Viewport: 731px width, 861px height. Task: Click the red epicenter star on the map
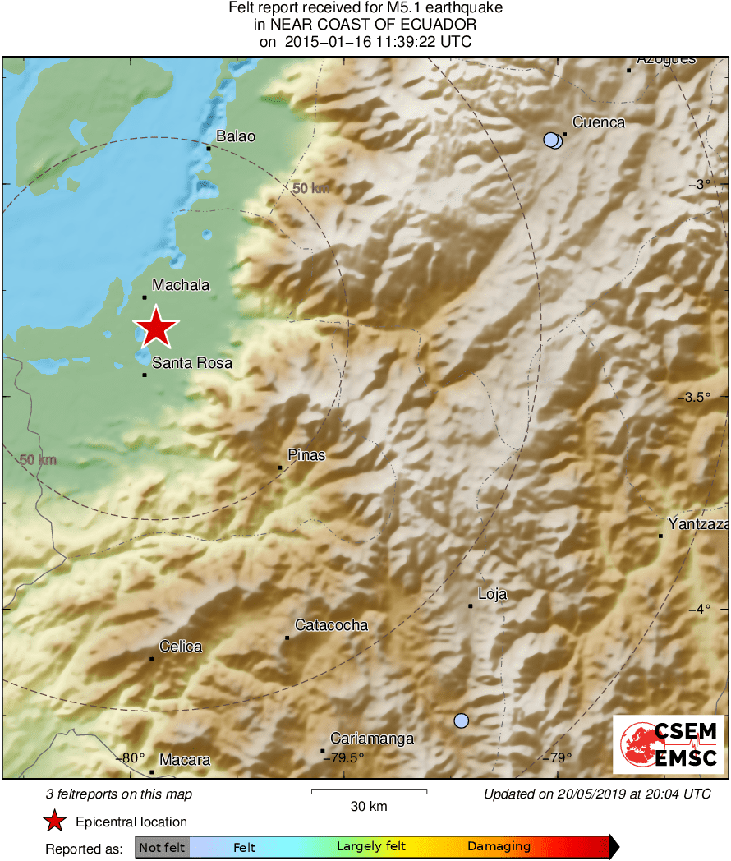point(155,327)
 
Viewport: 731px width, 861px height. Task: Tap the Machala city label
point(181,285)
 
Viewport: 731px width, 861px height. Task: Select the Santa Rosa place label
point(192,363)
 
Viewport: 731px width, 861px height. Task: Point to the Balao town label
point(236,136)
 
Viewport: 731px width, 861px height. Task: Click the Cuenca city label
point(598,122)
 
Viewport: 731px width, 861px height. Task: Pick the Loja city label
point(492,594)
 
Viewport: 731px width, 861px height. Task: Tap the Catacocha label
point(331,625)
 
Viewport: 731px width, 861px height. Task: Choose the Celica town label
point(181,647)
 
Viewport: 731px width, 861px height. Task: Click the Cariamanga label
point(371,739)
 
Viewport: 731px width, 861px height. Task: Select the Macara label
point(185,760)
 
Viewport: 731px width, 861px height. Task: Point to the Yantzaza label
point(697,524)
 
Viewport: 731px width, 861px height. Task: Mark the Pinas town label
point(306,455)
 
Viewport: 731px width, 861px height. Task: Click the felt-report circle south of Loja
point(462,721)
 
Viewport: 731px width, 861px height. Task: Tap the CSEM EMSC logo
point(668,744)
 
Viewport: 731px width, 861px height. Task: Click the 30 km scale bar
point(369,791)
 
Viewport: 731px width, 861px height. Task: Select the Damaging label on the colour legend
point(499,846)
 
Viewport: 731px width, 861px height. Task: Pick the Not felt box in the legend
point(162,847)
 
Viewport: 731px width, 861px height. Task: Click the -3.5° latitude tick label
point(702,398)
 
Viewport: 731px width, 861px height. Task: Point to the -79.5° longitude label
point(343,757)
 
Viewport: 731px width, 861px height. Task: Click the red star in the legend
point(55,822)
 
